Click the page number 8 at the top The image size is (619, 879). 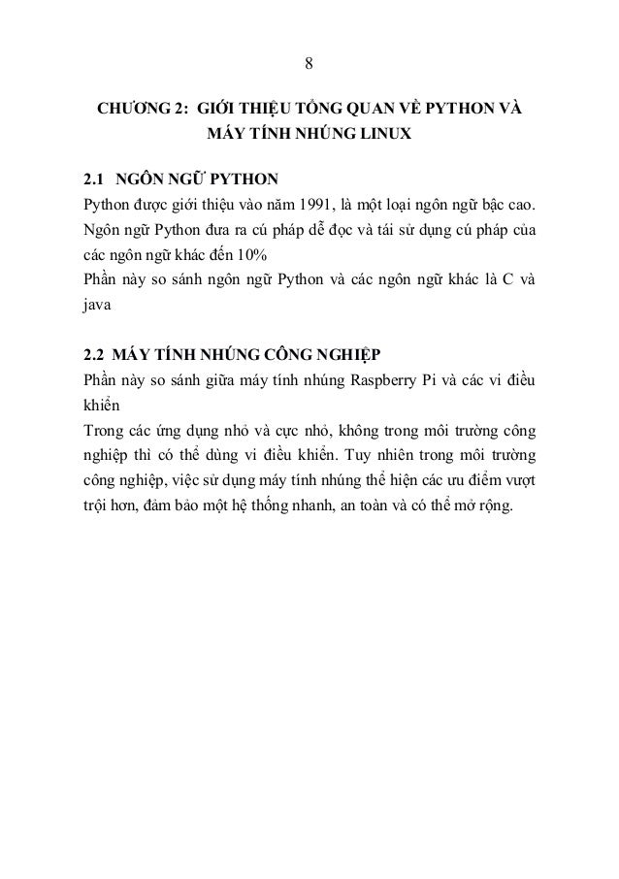click(x=309, y=64)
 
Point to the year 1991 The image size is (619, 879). click(x=322, y=206)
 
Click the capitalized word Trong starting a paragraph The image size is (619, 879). click(x=104, y=428)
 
